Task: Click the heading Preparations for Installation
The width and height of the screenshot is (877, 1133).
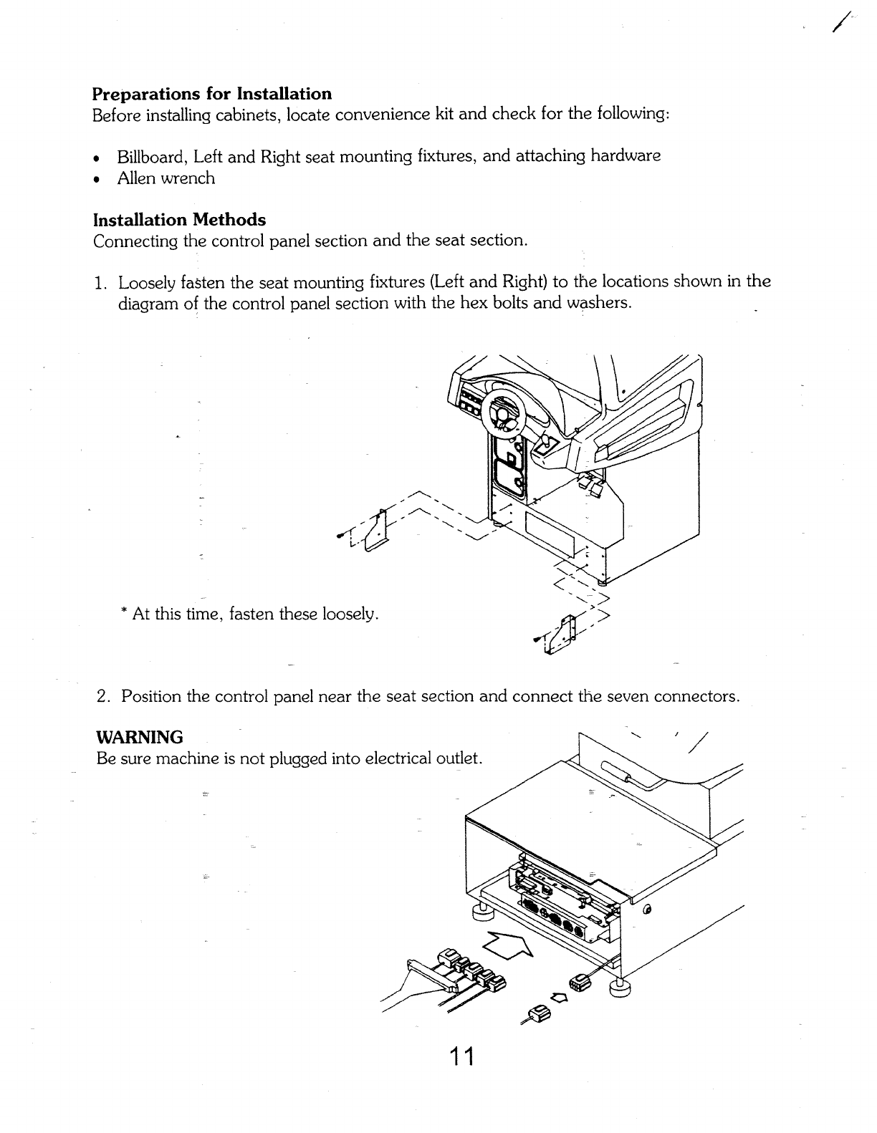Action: tap(212, 94)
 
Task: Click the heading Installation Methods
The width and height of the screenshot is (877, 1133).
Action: tap(179, 219)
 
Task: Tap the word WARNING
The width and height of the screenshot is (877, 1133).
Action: tap(140, 738)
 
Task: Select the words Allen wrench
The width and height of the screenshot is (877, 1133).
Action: tap(166, 178)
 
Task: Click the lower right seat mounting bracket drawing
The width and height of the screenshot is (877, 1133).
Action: tap(562, 634)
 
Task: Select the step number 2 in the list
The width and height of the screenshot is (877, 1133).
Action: tap(102, 696)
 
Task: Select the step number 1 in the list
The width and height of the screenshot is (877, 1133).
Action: tap(100, 282)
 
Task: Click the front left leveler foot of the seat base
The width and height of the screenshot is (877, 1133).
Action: tap(480, 912)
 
